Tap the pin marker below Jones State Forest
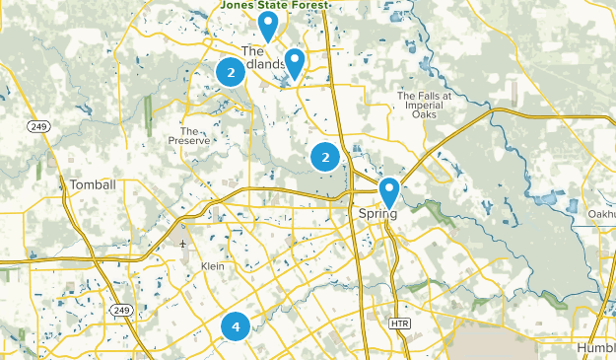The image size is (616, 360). coord(267,26)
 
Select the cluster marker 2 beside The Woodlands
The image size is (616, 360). coord(231,72)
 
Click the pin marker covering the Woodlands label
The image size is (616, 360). coord(294,63)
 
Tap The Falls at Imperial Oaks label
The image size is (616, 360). coord(425,104)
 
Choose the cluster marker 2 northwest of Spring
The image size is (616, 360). coord(325,157)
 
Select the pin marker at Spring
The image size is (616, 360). coord(389,191)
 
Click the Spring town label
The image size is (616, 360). coord(377,213)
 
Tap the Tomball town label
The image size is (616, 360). coord(93,184)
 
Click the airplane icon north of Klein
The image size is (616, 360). coord(182,242)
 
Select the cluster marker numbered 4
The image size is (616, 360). coord(236,325)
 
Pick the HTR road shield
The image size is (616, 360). coord(398,324)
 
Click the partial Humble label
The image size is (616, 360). coord(595,347)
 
